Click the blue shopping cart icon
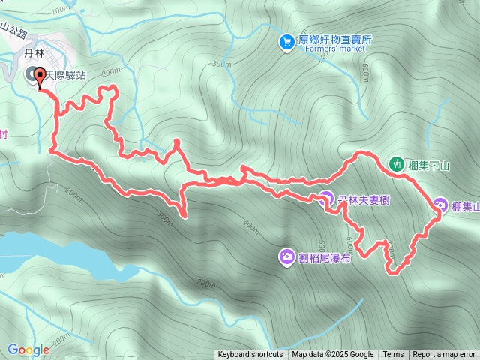point(286,43)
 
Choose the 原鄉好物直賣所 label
point(334,40)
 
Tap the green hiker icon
point(397,163)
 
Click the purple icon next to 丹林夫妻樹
point(325,199)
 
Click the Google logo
point(28,349)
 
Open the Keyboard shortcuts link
point(250,355)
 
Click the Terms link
point(393,355)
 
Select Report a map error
point(444,355)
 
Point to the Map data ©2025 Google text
point(332,355)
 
